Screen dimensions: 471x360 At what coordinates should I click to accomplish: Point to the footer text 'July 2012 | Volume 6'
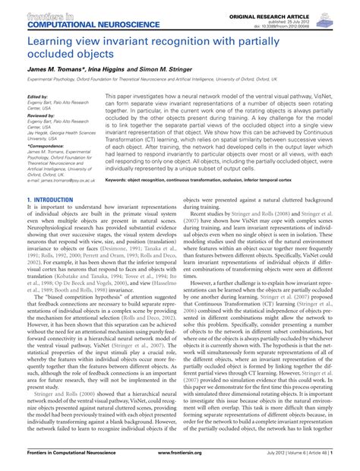273,461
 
